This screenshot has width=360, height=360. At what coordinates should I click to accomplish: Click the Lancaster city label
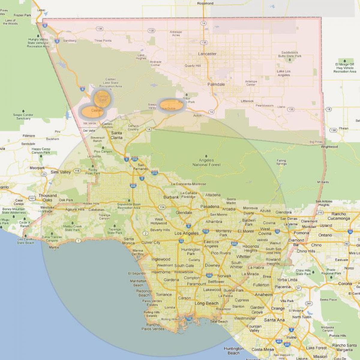(x=207, y=54)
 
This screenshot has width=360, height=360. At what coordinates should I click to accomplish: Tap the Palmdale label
(x=216, y=84)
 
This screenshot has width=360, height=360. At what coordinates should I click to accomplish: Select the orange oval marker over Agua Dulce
(x=171, y=105)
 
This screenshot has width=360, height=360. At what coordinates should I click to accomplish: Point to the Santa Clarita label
(x=116, y=135)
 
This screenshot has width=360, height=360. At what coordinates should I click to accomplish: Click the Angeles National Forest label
(x=206, y=162)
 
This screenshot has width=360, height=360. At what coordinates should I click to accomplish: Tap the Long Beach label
(x=206, y=303)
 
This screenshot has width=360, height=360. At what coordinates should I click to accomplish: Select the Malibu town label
(x=54, y=247)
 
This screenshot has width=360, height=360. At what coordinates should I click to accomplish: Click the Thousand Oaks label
(x=47, y=198)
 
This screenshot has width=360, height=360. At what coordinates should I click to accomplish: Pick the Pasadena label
(x=210, y=206)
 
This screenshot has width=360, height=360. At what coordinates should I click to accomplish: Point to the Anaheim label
(x=263, y=295)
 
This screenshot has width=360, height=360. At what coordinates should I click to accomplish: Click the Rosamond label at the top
(x=205, y=3)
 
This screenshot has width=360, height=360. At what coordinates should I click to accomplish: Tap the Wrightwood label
(x=329, y=147)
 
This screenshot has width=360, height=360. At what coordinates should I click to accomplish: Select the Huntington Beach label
(x=233, y=351)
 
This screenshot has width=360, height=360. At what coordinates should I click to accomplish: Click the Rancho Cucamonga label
(x=339, y=216)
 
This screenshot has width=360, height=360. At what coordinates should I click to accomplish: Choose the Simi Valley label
(x=61, y=172)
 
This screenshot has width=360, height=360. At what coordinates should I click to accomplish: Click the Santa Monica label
(x=128, y=241)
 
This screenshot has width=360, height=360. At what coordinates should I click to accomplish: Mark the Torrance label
(x=163, y=295)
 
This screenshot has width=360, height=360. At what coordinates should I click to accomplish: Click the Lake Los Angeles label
(x=283, y=73)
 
